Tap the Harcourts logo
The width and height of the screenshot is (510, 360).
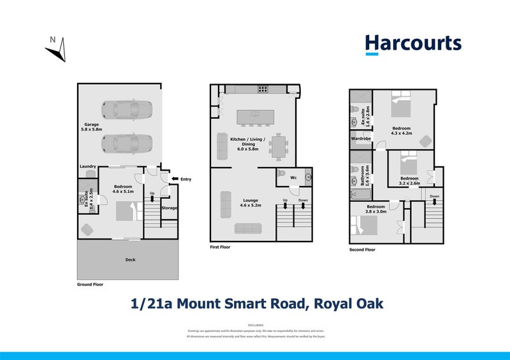click(x=412, y=44)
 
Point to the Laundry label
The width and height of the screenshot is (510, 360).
click(x=87, y=166)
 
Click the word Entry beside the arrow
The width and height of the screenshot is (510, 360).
click(x=186, y=179)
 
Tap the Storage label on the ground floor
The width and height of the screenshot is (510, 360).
click(x=169, y=208)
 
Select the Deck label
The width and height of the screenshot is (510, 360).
click(x=130, y=259)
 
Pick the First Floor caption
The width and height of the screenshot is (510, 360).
click(x=221, y=247)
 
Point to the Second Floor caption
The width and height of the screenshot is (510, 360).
click(x=362, y=250)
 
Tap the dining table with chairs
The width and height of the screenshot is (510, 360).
click(x=279, y=147)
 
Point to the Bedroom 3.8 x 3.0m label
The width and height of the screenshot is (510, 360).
click(x=375, y=209)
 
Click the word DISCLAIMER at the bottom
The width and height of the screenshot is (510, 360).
click(x=255, y=325)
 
